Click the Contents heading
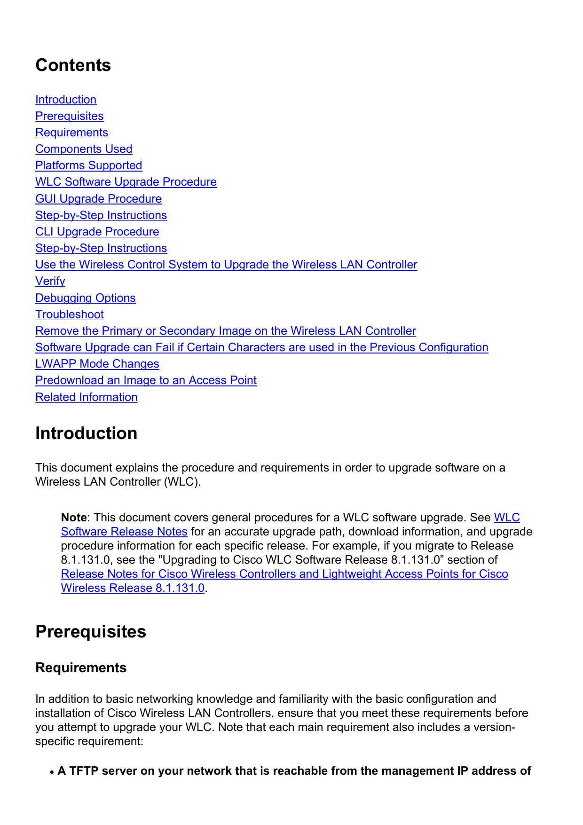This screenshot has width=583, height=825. pos(73,65)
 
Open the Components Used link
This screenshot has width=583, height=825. pos(84,149)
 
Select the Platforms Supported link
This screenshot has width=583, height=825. pos(88,165)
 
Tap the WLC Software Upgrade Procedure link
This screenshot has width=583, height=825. pos(126,182)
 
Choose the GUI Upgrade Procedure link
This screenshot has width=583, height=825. pos(98,199)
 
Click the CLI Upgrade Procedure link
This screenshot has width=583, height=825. pos(97,232)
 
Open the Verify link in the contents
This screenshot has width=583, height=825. pos(50,281)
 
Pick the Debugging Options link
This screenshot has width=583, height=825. pos(85,298)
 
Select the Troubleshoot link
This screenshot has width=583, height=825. pos(69,314)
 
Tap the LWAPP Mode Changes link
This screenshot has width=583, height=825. pos(97,364)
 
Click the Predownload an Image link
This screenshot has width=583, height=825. pos(146,380)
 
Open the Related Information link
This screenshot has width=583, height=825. pos(86,397)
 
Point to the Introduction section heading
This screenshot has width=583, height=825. pos(86,433)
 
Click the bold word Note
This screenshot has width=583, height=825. pos(73,518)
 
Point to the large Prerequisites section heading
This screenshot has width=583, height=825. pos(91,632)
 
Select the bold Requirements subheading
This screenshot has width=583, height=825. pos(81,668)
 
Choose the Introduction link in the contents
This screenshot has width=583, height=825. pos(66,100)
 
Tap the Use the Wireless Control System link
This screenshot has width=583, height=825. pos(226,265)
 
